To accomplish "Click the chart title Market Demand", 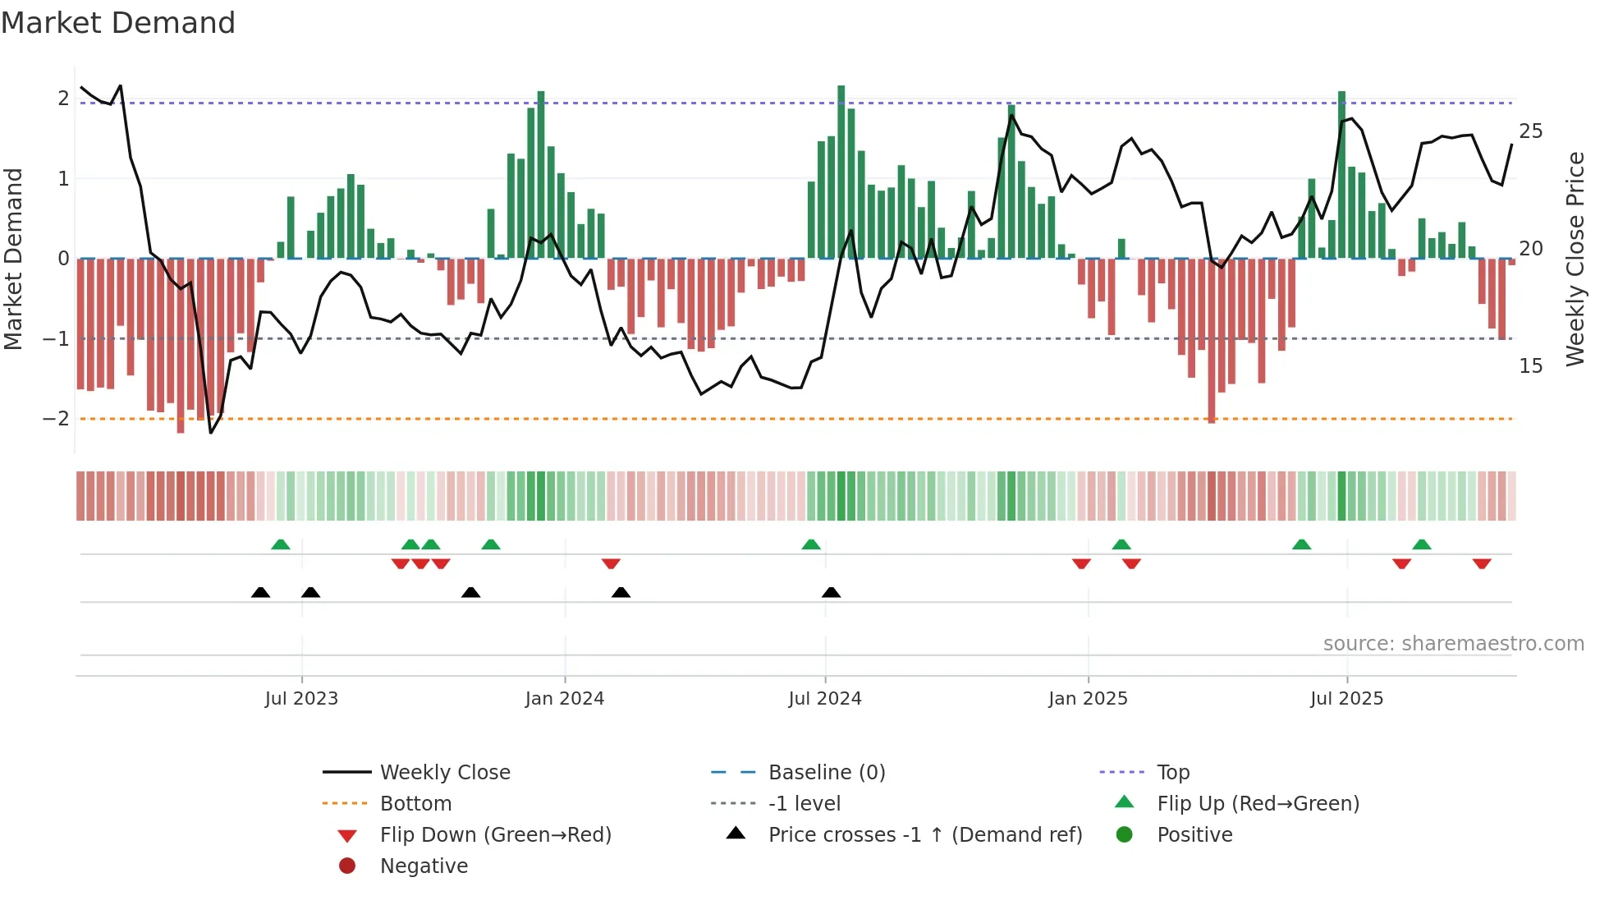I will click(118, 23).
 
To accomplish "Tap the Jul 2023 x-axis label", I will click(301, 699).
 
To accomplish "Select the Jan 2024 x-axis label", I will click(565, 699).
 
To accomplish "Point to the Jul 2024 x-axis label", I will click(825, 699).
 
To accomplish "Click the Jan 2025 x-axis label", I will click(1088, 699).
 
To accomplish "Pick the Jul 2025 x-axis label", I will click(1347, 699).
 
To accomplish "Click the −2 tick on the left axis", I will click(56, 419).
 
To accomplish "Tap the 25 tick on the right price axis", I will click(1530, 131).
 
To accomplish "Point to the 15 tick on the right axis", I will click(1530, 366).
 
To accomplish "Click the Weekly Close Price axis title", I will click(1575, 259).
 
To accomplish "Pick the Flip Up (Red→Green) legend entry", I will click(1258, 804).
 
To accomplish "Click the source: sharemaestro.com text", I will click(1453, 644).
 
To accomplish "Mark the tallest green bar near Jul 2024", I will click(841, 172).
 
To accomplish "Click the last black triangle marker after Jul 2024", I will click(831, 592).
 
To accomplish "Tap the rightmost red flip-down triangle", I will click(1481, 563).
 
